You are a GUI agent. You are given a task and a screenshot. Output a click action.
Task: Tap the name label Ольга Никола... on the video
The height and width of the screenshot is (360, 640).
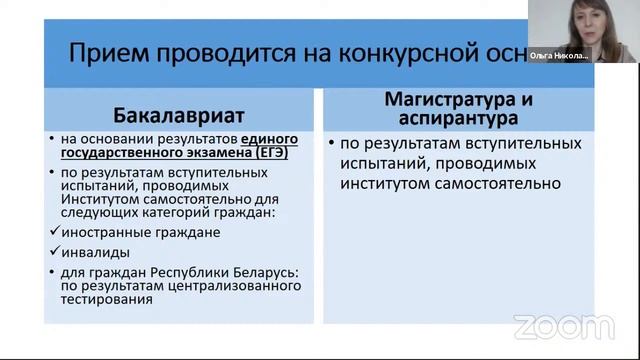[x=559, y=56]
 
